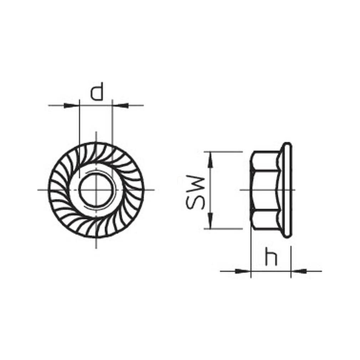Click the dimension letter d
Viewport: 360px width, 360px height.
[x=97, y=91]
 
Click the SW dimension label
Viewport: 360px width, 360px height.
[x=196, y=193]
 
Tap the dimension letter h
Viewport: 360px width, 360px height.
[x=271, y=256]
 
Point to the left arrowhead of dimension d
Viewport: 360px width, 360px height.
[x=71, y=106]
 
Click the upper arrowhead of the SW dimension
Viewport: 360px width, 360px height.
[x=210, y=160]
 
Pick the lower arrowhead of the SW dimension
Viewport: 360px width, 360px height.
[x=210, y=221]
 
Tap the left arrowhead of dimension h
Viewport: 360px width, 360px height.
[x=243, y=271]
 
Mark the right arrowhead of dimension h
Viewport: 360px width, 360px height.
[x=299, y=271]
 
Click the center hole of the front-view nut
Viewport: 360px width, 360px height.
[x=96, y=190]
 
